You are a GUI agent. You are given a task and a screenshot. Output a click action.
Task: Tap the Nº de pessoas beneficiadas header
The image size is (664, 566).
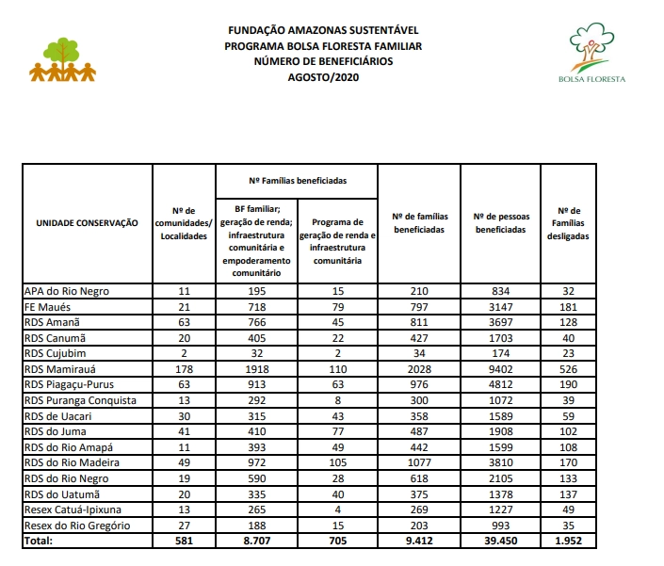(x=500, y=223)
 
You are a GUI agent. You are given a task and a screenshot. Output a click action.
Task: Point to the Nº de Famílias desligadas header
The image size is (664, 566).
(x=568, y=223)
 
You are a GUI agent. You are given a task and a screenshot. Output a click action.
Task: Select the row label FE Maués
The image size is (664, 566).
(x=49, y=307)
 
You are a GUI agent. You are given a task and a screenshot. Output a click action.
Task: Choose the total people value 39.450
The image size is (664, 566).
(x=500, y=541)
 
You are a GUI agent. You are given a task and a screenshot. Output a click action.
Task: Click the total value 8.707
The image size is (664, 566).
(x=256, y=541)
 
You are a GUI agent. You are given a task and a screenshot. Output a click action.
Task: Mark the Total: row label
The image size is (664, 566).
(x=40, y=541)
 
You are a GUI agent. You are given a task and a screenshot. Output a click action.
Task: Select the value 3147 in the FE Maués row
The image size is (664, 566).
(x=500, y=307)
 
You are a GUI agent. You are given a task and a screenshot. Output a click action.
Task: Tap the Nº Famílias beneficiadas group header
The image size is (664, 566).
(x=298, y=179)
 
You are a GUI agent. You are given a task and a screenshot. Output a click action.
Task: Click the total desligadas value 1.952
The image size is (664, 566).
(x=568, y=541)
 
